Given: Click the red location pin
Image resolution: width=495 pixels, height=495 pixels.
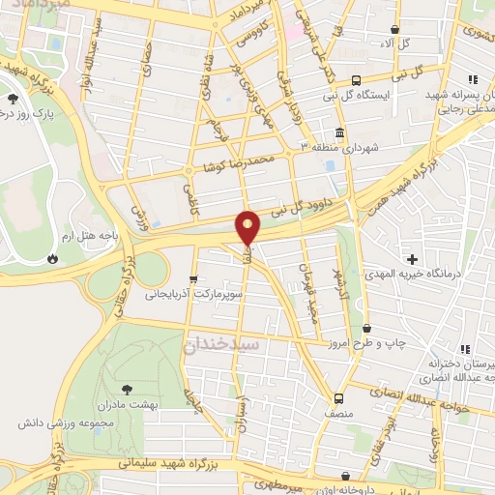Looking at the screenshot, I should (x=248, y=227).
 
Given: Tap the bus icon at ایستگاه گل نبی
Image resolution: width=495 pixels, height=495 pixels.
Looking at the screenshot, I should (x=357, y=80).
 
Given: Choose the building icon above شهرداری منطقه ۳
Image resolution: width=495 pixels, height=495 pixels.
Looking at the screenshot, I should (x=339, y=132).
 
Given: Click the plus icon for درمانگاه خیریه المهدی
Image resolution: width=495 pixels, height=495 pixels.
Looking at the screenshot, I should (x=414, y=258).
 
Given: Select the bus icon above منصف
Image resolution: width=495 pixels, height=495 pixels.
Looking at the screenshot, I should (x=338, y=397).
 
